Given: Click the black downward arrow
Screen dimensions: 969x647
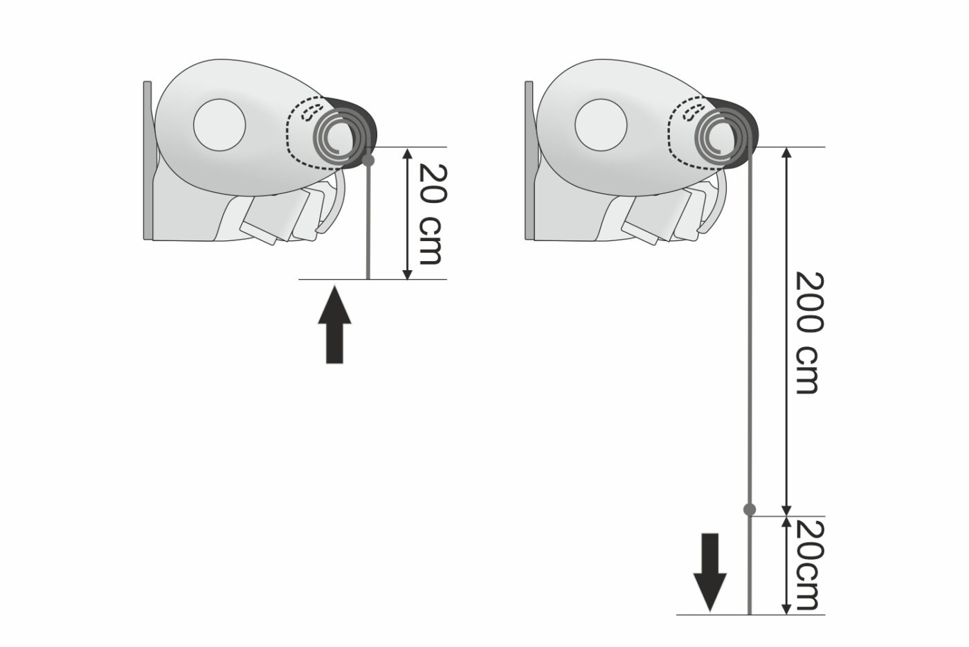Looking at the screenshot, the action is click(x=710, y=571).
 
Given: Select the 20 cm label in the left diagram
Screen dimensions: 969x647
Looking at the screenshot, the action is click(x=432, y=213).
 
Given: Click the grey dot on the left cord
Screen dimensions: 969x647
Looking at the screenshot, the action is click(x=368, y=161).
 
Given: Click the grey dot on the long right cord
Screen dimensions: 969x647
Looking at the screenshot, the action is click(x=749, y=509).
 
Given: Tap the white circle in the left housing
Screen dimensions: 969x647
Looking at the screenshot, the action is click(x=219, y=125).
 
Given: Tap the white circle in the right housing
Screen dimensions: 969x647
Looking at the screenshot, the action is click(x=601, y=125).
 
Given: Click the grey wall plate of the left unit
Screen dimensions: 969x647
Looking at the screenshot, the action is click(x=147, y=160).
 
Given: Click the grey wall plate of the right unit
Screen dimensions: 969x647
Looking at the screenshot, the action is click(x=529, y=160).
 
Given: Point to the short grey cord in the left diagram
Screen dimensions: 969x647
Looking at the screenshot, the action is click(x=368, y=220).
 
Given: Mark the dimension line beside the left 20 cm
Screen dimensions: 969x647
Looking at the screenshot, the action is click(x=407, y=213).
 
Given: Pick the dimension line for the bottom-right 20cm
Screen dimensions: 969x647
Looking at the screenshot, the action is click(x=788, y=565).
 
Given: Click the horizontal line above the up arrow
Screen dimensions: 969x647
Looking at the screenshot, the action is click(x=372, y=280).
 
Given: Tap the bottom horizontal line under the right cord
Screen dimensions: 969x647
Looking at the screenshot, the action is click(x=750, y=614).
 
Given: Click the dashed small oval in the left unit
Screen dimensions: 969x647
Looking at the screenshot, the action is click(x=311, y=112).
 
